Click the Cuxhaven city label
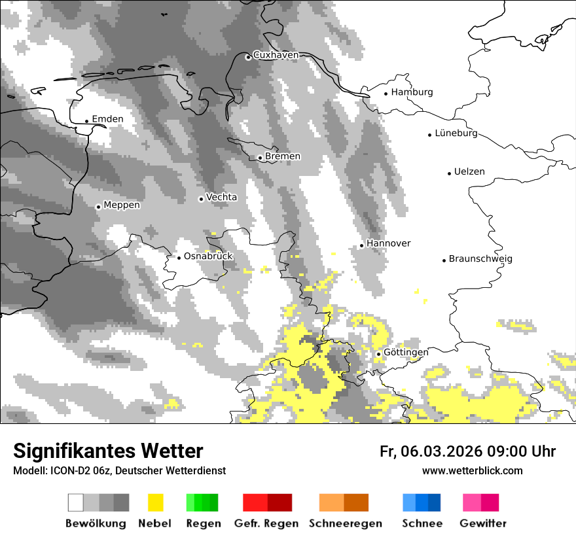276,55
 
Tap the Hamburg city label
412,92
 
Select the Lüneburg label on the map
456,133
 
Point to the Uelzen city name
469,171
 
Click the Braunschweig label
480,258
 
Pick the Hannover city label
389,243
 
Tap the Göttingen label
406,352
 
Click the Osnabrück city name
208,256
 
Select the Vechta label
221,197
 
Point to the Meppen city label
122,205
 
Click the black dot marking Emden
86,121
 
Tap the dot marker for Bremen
260,158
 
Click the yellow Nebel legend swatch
155,502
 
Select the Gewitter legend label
483,523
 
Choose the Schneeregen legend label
346,523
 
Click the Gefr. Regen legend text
266,523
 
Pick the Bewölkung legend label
96,523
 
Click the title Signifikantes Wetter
108,451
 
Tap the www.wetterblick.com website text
472,470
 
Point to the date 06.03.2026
442,451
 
